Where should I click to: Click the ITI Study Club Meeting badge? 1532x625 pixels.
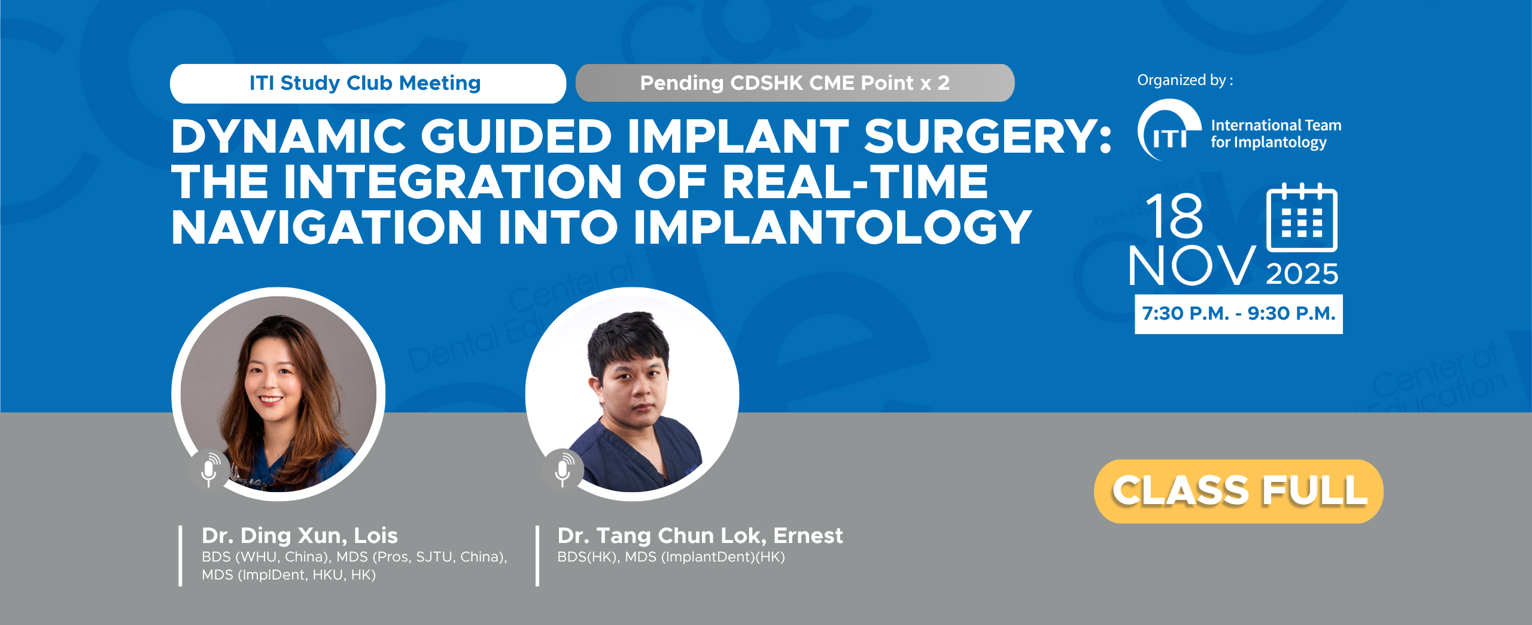(x=367, y=83)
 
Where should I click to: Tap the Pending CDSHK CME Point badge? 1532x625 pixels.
(x=795, y=83)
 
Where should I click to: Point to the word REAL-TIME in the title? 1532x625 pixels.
(x=855, y=181)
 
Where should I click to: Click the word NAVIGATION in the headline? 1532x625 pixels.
(x=327, y=227)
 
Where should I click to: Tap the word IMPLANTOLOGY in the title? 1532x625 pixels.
(x=832, y=227)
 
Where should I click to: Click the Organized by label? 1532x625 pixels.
(x=1185, y=80)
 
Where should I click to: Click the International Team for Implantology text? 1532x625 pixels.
(x=1276, y=134)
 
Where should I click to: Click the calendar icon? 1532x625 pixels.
(x=1302, y=217)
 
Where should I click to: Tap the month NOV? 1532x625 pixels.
(x=1192, y=265)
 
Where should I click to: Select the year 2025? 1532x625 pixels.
(x=1302, y=274)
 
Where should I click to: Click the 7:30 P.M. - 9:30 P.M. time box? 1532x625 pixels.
(x=1239, y=314)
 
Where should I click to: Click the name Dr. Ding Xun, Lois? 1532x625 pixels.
(x=300, y=535)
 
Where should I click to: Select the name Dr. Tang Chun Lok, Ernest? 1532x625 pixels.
(x=700, y=535)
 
